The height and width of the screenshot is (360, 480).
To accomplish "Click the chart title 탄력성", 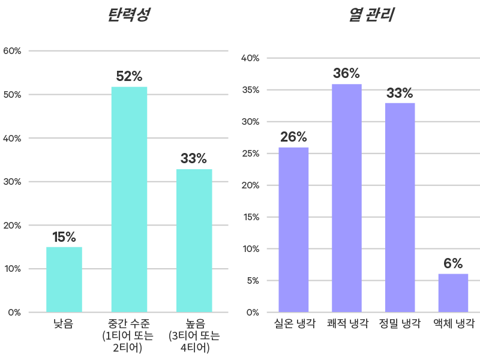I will click(x=128, y=15).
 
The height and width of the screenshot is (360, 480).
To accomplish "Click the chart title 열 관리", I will click(x=371, y=15).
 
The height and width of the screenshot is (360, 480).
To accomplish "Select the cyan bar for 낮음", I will click(x=64, y=279).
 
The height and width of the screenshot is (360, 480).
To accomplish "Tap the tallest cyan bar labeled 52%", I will click(x=129, y=199).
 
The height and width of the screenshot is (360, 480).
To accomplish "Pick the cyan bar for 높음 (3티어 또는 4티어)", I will click(x=194, y=241).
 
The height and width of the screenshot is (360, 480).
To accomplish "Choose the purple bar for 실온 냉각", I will click(x=293, y=229).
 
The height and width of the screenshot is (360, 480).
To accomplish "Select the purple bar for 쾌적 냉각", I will click(x=347, y=198).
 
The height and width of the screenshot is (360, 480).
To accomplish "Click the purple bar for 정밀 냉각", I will click(x=400, y=207).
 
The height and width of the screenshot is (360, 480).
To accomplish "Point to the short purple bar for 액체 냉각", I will click(x=453, y=293).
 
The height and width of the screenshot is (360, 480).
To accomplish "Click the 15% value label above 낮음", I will click(x=64, y=237).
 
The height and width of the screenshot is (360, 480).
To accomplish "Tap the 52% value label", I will click(x=129, y=77).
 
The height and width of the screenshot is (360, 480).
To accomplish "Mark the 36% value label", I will click(x=347, y=74).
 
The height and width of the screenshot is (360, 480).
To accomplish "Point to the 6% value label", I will click(x=453, y=263).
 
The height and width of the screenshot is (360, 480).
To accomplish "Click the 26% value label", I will click(x=293, y=137).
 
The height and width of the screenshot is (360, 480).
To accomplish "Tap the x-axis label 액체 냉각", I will click(x=453, y=324).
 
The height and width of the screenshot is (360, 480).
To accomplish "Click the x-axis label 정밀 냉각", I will click(x=400, y=324).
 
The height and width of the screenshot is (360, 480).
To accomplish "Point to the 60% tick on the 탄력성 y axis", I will click(x=12, y=51).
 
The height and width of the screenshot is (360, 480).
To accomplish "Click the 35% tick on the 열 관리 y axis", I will click(x=250, y=90).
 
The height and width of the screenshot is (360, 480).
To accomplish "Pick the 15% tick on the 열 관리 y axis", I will click(x=250, y=217).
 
